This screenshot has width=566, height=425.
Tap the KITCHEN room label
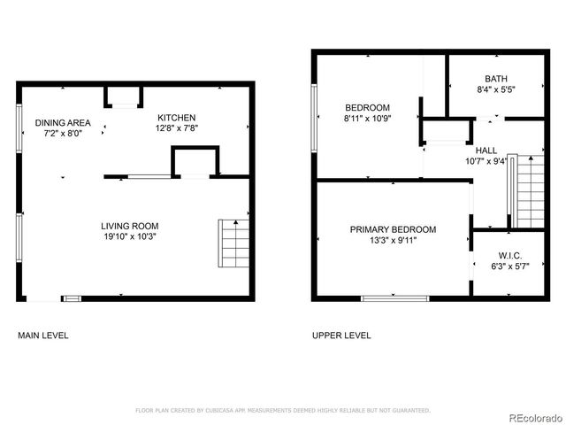(x=176, y=118)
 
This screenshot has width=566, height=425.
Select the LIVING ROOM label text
(x=129, y=226)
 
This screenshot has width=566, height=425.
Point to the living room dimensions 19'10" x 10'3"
(x=129, y=236)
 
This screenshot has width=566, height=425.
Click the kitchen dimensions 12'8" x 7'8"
(x=176, y=128)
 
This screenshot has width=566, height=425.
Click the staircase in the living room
(x=233, y=243)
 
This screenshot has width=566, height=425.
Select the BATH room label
(x=496, y=79)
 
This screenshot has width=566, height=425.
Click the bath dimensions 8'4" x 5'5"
(x=496, y=89)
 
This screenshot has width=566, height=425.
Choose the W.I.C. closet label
(x=509, y=255)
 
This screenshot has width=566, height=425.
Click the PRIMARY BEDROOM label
(x=393, y=229)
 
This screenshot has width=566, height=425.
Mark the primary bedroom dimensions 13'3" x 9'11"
(x=393, y=240)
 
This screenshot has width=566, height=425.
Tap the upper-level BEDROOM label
(x=367, y=107)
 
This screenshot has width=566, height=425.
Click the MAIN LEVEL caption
(x=43, y=336)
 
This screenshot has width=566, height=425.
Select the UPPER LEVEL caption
(x=341, y=336)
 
